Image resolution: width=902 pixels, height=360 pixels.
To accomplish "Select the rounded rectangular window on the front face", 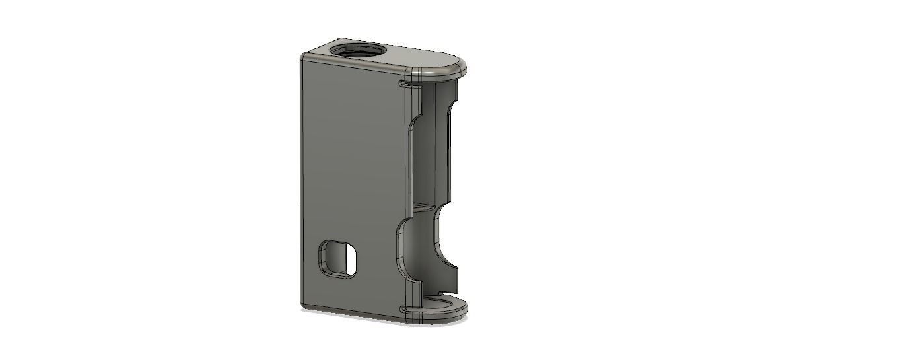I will click(x=337, y=258).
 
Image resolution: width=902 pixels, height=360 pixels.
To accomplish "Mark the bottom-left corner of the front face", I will click(x=303, y=306).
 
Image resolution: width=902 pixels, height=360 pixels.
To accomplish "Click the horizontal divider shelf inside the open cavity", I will click(x=426, y=207).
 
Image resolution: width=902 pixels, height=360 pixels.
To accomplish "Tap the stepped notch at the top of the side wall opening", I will click(x=415, y=122).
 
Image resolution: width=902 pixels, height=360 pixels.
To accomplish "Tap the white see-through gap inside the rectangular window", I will click(x=349, y=262).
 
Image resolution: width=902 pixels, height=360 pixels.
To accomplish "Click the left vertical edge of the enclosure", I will click(x=301, y=185).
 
